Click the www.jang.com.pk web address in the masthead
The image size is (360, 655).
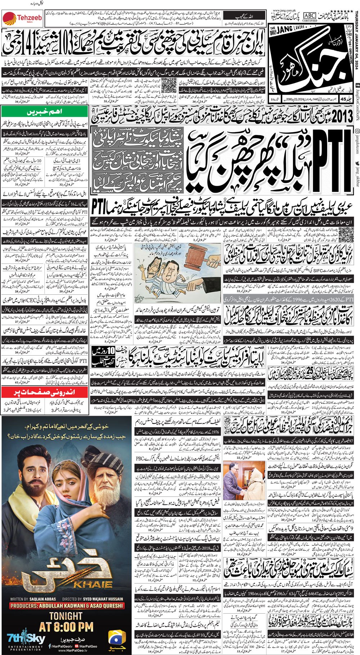(286, 11)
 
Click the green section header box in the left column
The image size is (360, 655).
(45, 111)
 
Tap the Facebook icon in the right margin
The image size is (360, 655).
(356, 85)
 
